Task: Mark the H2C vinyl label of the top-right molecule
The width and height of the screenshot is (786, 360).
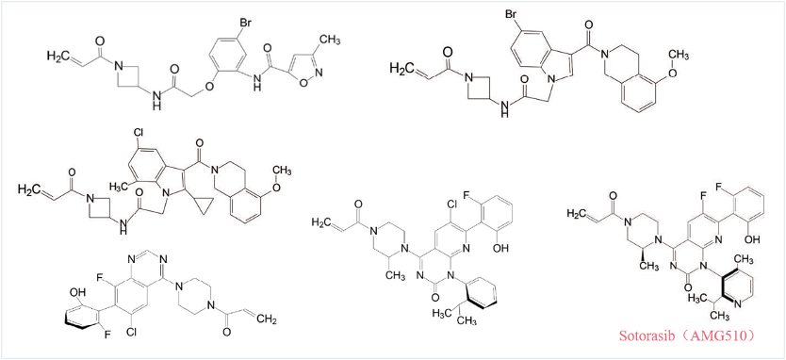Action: point(401,67)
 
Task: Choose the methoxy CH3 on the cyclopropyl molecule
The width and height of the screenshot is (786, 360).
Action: point(282,172)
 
